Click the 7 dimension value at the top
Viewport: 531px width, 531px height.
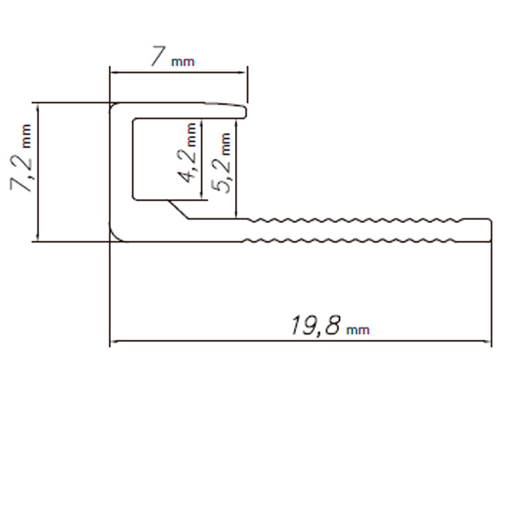coord(158,56)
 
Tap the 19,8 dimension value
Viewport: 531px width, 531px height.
coord(316,326)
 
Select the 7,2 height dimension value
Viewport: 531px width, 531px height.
coord(21,173)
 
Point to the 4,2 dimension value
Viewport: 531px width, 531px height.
coord(187,167)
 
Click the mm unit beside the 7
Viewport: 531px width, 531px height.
coord(183,62)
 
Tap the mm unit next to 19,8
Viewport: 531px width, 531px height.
coord(358,330)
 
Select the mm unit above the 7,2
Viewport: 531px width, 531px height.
coord(27,136)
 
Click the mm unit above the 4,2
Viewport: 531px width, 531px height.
coord(191,135)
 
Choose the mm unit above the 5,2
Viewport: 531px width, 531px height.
coord(226,144)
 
